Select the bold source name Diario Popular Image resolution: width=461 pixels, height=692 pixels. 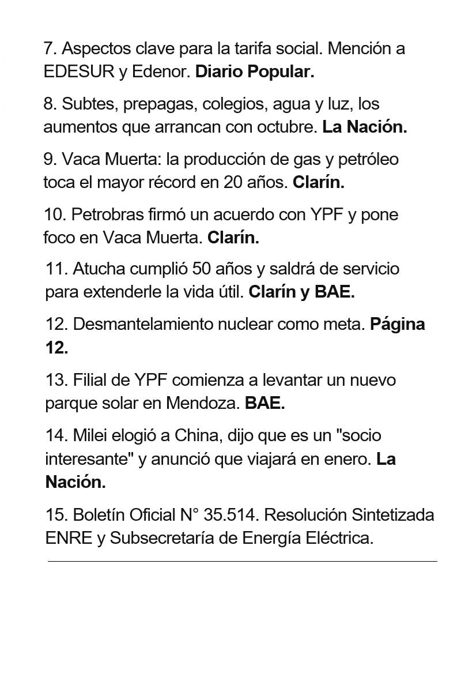[x=255, y=72]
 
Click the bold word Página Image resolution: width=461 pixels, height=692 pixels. [x=398, y=324]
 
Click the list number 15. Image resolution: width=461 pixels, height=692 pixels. [x=56, y=514]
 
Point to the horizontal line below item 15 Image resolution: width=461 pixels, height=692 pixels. [x=242, y=561]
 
